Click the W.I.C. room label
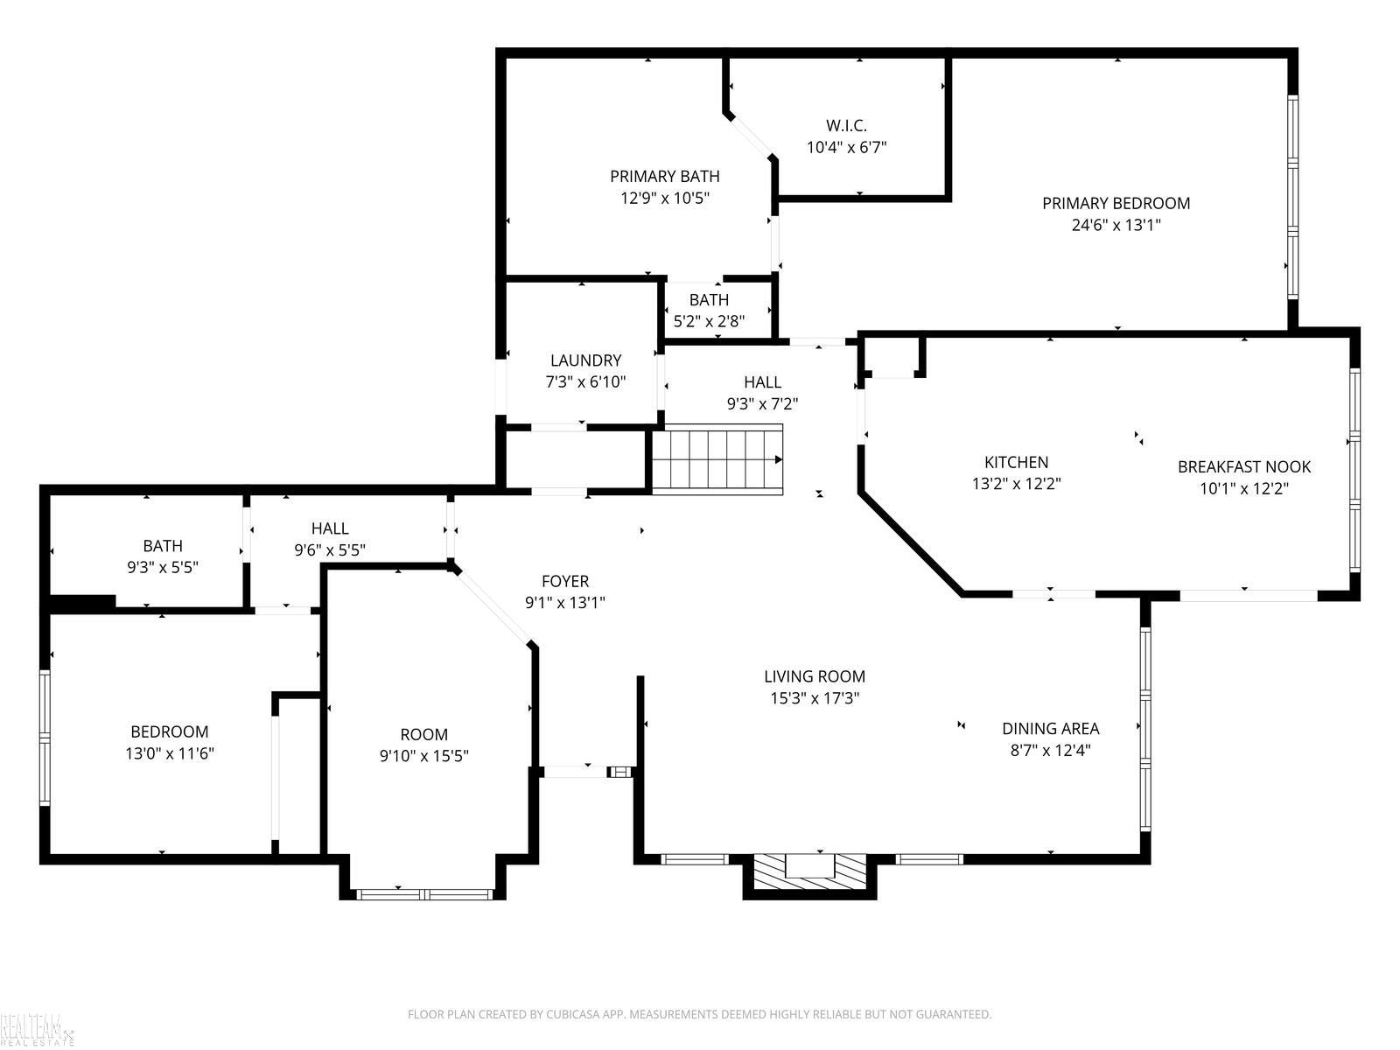tap(846, 126)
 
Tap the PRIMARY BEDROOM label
tap(1116, 203)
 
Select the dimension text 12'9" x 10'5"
tap(665, 199)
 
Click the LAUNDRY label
tap(585, 360)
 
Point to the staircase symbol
tap(717, 459)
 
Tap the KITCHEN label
tap(1016, 462)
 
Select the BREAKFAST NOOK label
tap(1243, 466)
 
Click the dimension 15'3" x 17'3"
tap(815, 698)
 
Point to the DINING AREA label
tap(1051, 728)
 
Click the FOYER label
tap(565, 581)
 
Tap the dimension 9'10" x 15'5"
tap(424, 756)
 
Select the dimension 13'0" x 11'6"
tap(170, 753)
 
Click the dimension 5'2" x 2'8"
tap(710, 321)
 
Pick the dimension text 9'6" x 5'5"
tap(330, 549)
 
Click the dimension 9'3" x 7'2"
tap(763, 403)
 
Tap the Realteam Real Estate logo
tap(37, 1030)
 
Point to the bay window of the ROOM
tap(424, 894)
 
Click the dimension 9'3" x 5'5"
tap(163, 567)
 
